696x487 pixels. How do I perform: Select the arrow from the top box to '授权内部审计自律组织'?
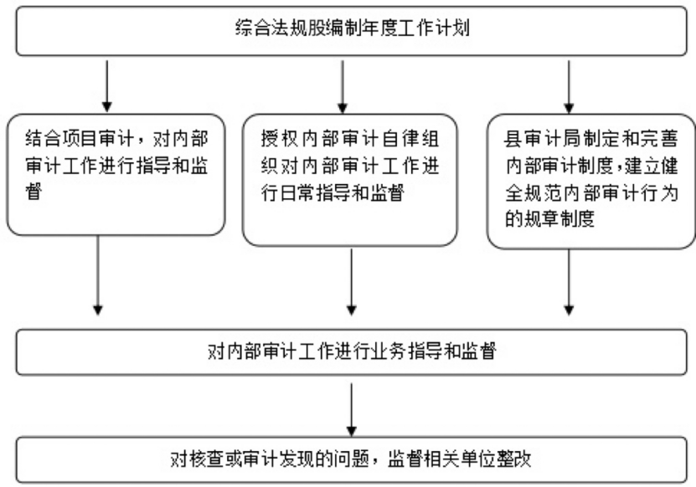pos(340,88)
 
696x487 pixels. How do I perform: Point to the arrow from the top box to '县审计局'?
pos(570,88)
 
